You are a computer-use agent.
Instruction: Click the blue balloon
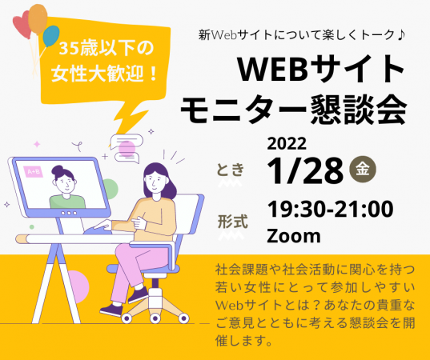[x=51, y=36]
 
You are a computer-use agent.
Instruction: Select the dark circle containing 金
[x=364, y=170]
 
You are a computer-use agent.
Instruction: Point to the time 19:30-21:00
[x=329, y=210]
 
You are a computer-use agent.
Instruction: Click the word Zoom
[x=293, y=236]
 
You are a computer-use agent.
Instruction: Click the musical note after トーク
[x=388, y=35]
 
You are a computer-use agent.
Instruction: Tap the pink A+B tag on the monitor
[x=34, y=171]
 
